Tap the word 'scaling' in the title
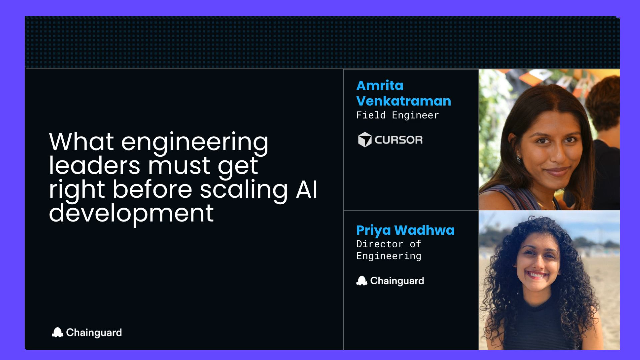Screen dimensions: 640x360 coord(244,191)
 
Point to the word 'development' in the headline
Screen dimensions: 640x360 coord(131,214)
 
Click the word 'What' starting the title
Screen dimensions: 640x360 coord(81,142)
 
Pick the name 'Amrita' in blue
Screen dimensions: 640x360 coord(380,85)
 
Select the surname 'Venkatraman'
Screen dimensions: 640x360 coord(404,101)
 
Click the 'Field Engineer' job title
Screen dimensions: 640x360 coord(398,115)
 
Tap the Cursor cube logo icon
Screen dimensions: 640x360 coord(364,140)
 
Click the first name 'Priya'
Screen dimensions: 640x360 coord(373,231)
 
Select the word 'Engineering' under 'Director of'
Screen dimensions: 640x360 coord(389,256)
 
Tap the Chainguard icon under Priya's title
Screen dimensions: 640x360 coord(361,281)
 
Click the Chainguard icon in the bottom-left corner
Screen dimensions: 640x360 coord(57,333)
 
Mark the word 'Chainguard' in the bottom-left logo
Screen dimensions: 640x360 coord(94,333)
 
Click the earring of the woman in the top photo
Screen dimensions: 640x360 coord(519,158)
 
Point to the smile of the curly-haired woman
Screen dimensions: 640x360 coord(536,275)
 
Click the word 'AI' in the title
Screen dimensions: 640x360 coord(306,189)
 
